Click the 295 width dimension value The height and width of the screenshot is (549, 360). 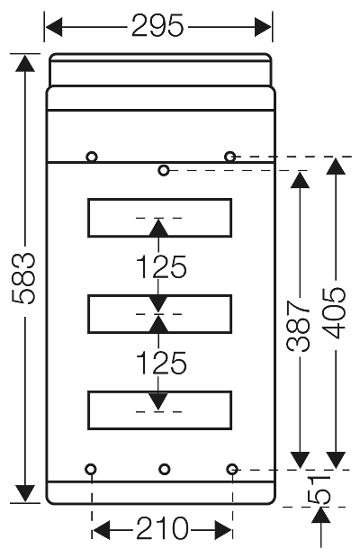point(158,26)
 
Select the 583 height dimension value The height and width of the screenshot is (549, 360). point(25,279)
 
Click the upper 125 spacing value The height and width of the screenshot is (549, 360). point(160,267)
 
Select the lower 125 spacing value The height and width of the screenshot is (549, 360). point(160,363)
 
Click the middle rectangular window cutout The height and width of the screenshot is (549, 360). point(159,312)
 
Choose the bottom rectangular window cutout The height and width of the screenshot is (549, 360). point(159,409)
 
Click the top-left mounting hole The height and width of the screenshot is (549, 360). point(92,157)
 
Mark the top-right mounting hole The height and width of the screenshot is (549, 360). point(231,157)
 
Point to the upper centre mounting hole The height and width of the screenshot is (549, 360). point(163,170)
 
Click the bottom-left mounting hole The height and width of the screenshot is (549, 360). point(92,469)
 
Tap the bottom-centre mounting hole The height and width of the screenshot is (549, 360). point(163,469)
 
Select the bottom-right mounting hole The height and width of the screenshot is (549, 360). point(232,469)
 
